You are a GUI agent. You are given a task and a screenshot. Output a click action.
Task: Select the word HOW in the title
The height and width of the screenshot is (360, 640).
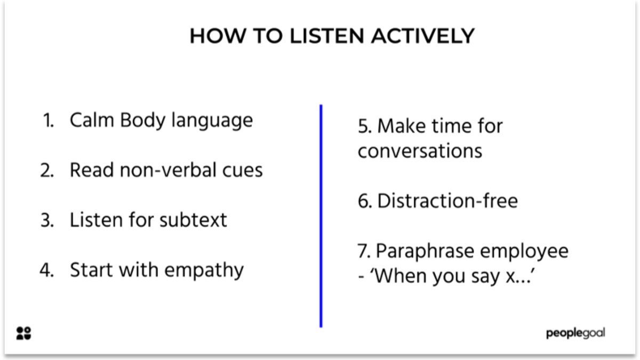coord(212,36)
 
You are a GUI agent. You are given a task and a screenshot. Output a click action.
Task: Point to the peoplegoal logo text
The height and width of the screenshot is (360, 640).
coord(575,333)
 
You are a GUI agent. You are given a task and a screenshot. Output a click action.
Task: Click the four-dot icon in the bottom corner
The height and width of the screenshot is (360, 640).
coord(24,333)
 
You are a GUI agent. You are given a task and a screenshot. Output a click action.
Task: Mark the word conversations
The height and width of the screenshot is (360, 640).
coord(420,151)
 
